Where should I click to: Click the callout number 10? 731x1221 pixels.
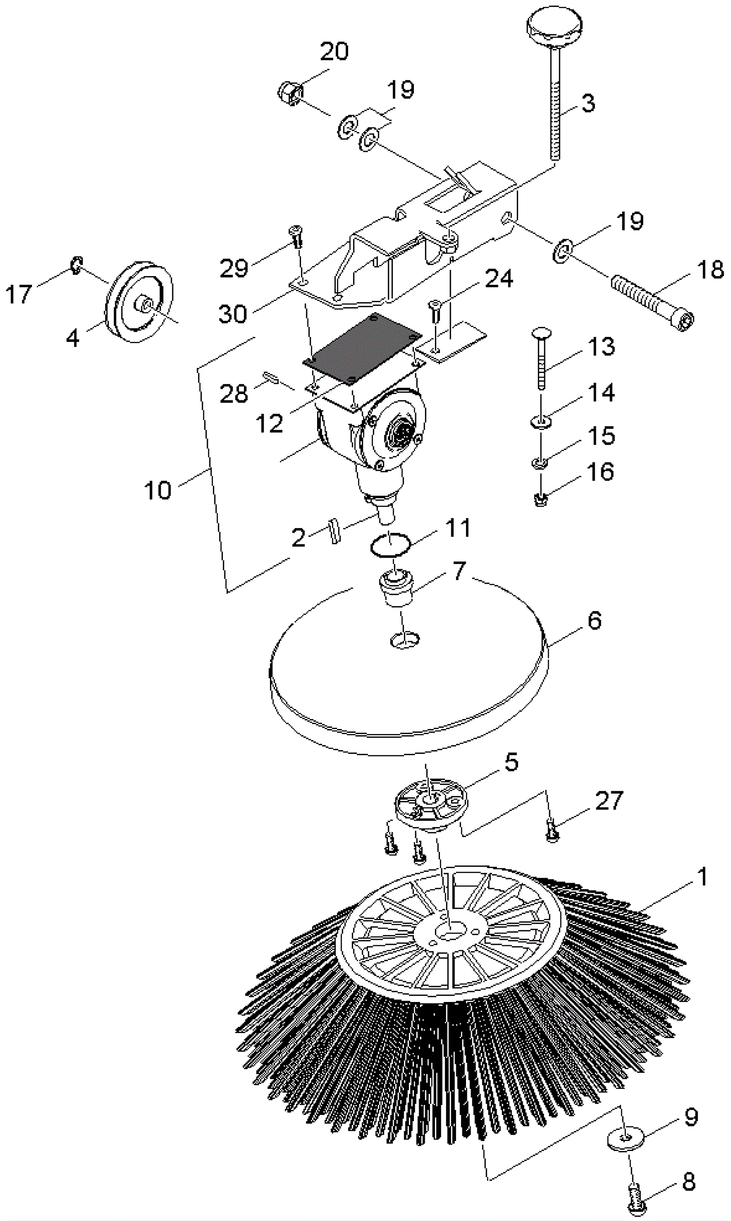click(x=158, y=491)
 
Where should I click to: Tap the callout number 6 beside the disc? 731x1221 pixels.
click(x=594, y=621)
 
